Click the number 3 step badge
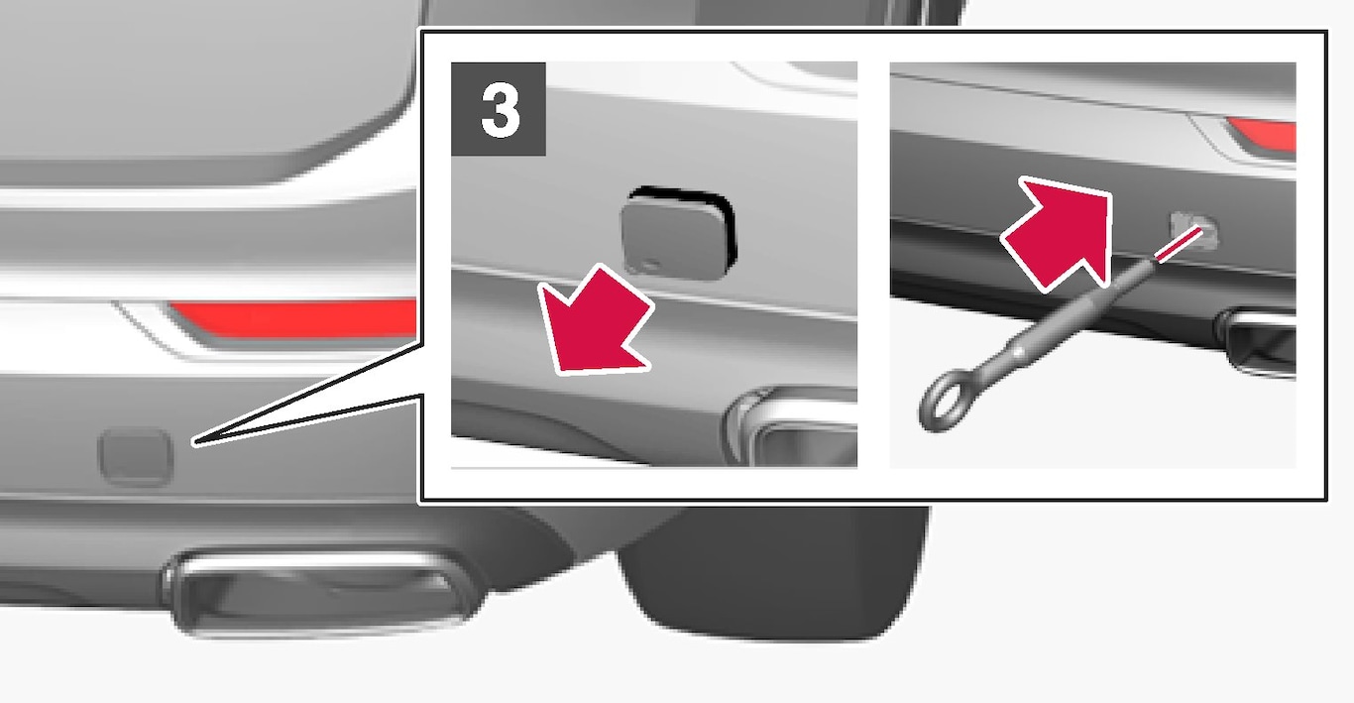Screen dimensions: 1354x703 point(498,109)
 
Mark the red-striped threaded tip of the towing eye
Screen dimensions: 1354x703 point(1178,244)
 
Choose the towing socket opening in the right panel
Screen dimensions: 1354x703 point(1194,230)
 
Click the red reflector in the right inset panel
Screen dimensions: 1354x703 point(1264,134)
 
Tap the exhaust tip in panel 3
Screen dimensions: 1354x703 point(793,426)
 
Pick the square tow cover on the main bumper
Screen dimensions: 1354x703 point(136,457)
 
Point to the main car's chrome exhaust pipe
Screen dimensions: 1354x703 point(320,591)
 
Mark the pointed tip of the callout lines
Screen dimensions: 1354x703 point(194,443)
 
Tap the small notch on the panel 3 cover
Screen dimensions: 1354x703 point(650,265)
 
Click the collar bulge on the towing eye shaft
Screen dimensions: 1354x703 point(1018,351)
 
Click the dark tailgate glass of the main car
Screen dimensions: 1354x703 point(199,78)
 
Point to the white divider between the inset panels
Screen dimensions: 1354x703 point(873,265)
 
